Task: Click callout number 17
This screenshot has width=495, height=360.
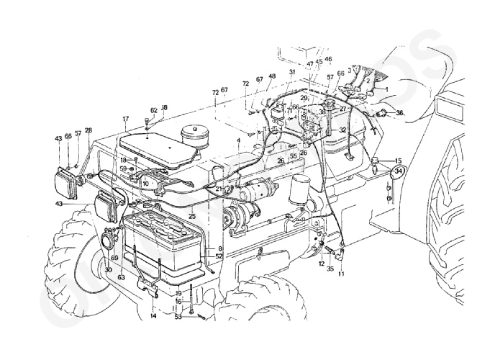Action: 124,118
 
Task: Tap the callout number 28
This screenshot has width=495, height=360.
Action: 88,130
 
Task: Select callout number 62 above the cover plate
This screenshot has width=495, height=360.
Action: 153,111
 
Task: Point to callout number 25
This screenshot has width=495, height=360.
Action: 192,215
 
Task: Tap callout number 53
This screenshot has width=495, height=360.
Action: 178,315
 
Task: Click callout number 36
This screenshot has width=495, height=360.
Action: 400,113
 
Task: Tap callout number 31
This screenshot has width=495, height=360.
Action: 292,73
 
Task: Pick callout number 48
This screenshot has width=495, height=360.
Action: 272,76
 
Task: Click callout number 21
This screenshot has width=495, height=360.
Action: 219,188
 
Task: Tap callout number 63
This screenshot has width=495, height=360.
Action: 121,276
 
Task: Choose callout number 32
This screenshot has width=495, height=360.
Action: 343,130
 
